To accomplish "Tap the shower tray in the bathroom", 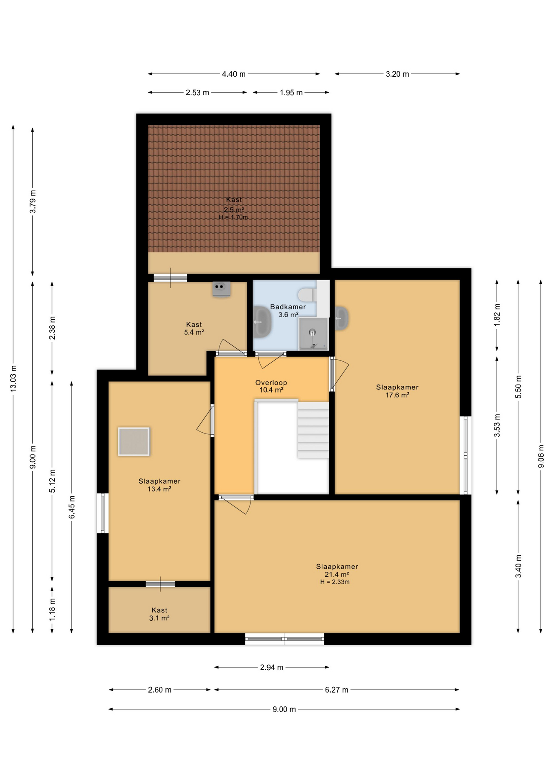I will tap(313, 334).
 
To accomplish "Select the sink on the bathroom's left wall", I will tap(262, 322).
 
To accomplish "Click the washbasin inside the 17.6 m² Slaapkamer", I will tap(341, 318).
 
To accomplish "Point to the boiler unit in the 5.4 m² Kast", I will tap(221, 289).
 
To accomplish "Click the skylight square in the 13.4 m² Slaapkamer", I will tap(133, 441).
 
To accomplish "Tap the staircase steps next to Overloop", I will tap(313, 430).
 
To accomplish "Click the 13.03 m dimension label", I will tap(13, 378).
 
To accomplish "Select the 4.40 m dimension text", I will tap(233, 74).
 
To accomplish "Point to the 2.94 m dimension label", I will tap(271, 667).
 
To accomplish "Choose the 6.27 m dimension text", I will tap(336, 690).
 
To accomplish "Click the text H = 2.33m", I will tap(335, 582).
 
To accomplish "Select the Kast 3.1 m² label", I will tap(159, 614).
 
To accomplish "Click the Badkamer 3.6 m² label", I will tap(288, 310).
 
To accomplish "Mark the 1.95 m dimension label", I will tap(291, 93).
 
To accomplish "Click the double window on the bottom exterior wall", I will tap(284, 639).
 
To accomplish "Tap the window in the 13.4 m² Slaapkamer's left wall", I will tap(102, 513).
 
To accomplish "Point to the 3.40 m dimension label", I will tap(518, 566).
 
